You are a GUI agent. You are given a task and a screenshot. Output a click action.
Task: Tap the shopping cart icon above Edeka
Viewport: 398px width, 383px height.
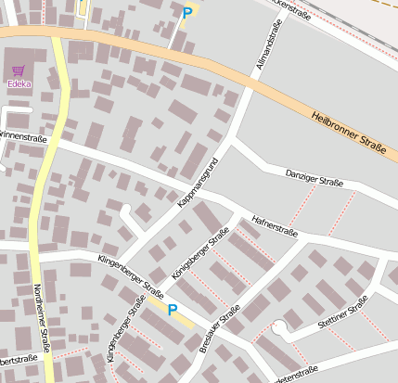coord(18,70)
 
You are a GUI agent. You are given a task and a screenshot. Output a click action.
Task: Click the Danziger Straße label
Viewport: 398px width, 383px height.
coord(315,180)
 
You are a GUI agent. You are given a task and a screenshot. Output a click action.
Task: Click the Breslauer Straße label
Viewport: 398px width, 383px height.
coord(220,327)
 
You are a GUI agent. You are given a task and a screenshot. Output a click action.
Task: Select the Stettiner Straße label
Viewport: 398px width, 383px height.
coord(342,314)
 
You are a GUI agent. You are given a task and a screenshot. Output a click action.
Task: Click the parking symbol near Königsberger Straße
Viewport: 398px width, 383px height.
coord(171,310)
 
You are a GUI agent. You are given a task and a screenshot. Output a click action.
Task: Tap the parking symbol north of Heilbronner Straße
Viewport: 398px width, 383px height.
coord(187,13)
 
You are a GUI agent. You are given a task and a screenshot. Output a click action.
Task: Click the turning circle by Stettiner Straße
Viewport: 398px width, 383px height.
coord(279,326)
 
